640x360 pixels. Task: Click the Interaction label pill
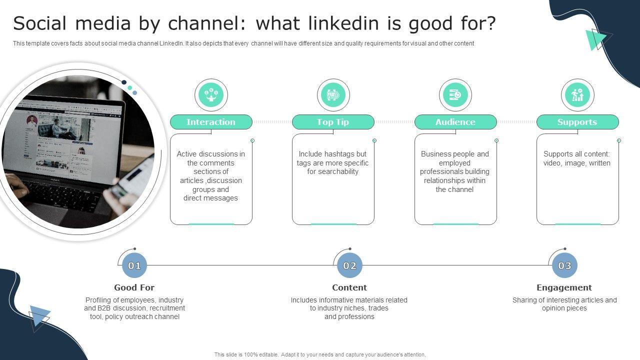211,122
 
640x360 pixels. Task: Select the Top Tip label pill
333,122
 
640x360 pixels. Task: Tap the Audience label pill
455,122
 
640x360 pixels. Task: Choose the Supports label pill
577,122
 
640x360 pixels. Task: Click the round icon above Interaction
211,95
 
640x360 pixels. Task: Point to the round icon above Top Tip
333,95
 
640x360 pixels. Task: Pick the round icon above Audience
455,95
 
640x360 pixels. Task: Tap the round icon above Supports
577,95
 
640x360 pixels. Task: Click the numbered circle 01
134,265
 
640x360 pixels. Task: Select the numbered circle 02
349,265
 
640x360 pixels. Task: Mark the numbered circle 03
564,265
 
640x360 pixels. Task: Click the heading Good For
134,287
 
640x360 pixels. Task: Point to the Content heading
349,287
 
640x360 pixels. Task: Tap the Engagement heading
564,287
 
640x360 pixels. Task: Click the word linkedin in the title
342,23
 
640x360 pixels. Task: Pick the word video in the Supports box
552,163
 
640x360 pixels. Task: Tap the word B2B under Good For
104,308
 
